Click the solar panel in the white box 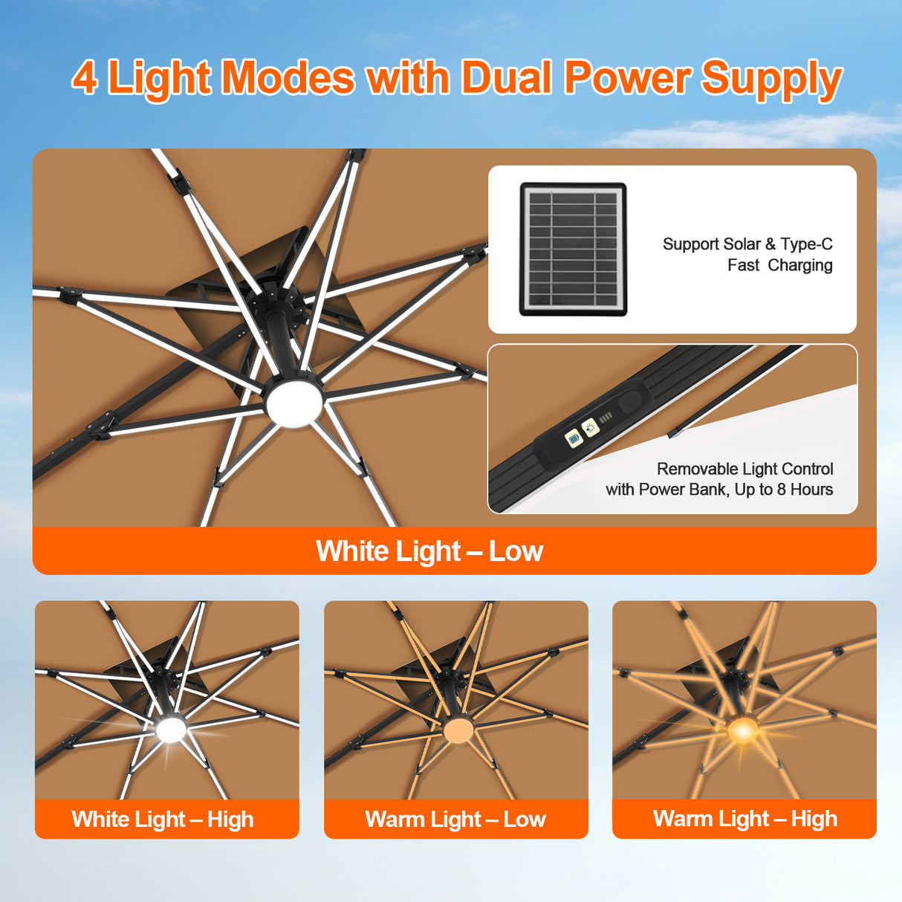(573, 249)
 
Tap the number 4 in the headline (85, 77)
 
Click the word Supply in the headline (771, 79)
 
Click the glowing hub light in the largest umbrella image (294, 402)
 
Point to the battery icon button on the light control (573, 438)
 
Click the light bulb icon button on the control (590, 427)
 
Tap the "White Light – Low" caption (429, 551)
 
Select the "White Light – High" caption (163, 819)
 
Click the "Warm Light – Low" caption (455, 819)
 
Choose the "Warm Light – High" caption (744, 819)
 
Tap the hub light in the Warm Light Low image (458, 730)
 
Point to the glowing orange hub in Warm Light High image (742, 730)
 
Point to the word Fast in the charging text (743, 265)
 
